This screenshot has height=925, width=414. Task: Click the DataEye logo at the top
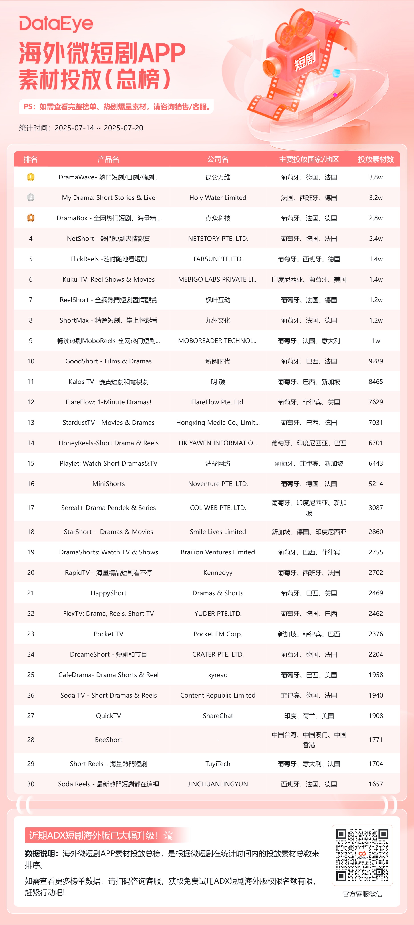point(56,24)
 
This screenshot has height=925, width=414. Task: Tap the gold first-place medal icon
point(31,177)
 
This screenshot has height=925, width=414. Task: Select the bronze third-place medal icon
point(31,218)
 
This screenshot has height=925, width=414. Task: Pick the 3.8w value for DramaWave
point(376,177)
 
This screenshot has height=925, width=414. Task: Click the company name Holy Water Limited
point(218,197)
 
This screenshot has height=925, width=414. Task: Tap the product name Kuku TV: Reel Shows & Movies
point(109,279)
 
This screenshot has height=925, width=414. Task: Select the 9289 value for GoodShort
point(376,361)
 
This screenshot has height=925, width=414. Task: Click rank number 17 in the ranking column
point(31,507)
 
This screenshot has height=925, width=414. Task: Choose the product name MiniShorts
point(109,484)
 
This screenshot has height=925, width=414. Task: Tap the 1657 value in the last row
point(376,784)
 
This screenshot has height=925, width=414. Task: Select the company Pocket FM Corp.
point(218,634)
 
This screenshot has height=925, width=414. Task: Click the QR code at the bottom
point(362,855)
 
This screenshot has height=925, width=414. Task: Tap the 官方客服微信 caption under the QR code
point(362,894)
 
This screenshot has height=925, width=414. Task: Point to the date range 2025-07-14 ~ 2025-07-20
point(99,128)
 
